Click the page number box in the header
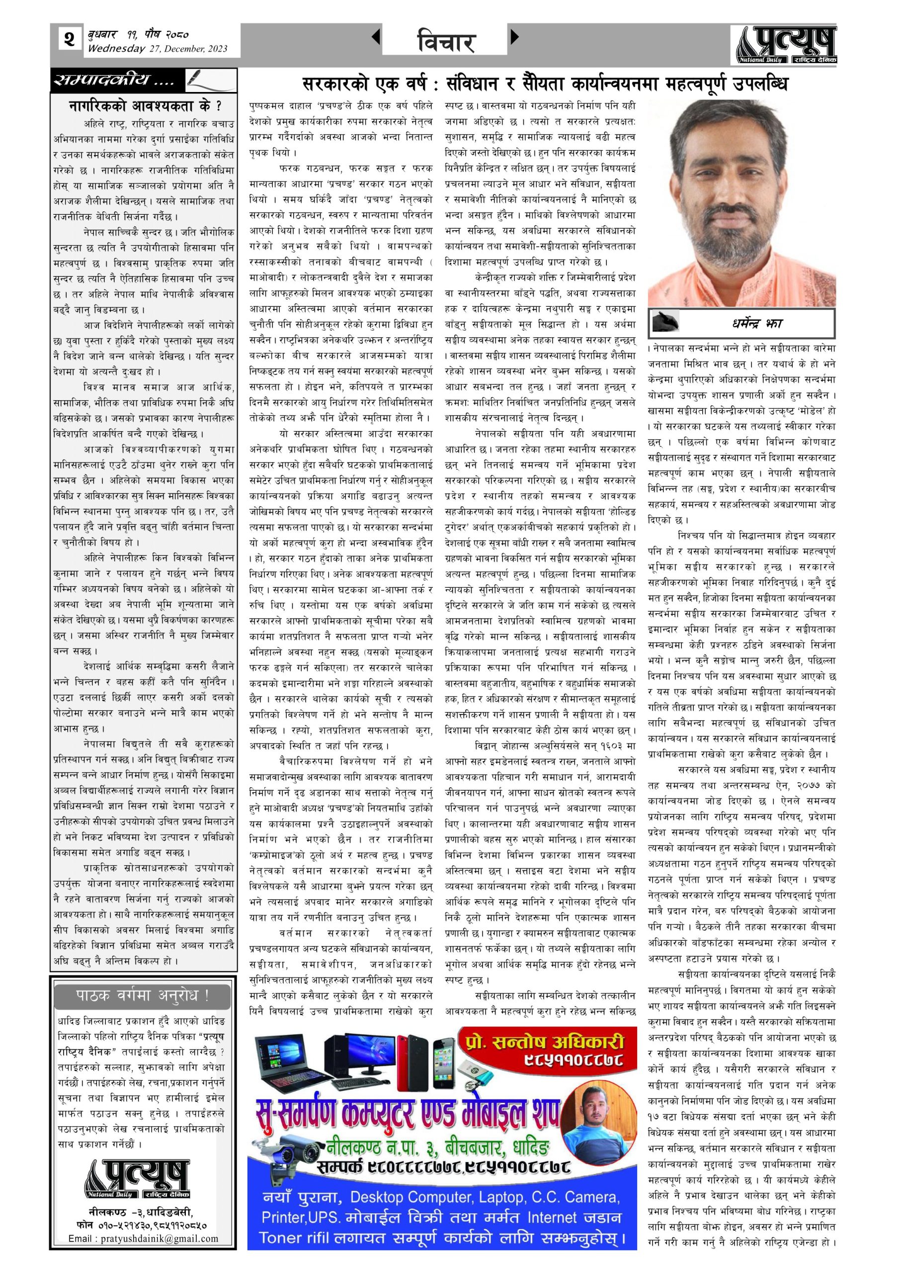[69, 40]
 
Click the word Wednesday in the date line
[116, 49]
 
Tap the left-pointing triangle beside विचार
[376, 37]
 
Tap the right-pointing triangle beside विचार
[514, 37]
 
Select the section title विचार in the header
[445, 42]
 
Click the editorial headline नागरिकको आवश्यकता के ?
[144, 105]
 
